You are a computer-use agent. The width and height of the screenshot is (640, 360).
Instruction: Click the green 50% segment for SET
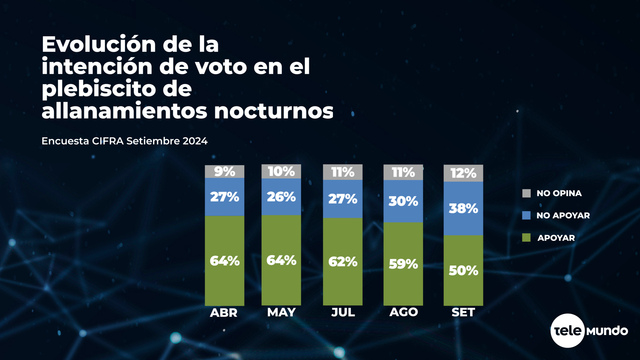463,270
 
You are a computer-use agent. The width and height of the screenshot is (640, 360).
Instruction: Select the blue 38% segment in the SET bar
463,208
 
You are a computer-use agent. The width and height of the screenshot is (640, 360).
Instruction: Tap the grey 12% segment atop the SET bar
463,173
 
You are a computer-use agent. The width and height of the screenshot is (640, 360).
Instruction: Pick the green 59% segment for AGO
403,264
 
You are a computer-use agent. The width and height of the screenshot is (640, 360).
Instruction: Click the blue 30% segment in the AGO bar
403,201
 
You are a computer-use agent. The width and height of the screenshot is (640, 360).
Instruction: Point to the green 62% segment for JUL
342,261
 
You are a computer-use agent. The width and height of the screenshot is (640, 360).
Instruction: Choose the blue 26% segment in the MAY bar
281,197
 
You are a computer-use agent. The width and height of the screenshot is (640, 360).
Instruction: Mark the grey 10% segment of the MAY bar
281,171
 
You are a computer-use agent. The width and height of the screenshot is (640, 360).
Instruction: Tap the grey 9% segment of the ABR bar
224,171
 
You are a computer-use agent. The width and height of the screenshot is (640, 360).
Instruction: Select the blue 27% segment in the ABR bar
224,197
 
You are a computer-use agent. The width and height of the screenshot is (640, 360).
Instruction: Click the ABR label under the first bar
224,313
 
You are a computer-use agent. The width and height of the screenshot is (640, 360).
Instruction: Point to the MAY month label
281,312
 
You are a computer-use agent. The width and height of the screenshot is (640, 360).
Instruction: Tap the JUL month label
343,312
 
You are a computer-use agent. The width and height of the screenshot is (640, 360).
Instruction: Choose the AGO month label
403,312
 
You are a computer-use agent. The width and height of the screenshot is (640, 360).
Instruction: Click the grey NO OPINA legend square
526,193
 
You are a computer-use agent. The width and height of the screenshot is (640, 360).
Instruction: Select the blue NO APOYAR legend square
526,215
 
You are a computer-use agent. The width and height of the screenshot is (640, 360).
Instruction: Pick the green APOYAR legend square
526,238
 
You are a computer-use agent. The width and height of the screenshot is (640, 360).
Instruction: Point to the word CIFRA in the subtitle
108,141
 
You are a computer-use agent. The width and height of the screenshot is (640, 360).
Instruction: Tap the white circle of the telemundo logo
567,331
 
